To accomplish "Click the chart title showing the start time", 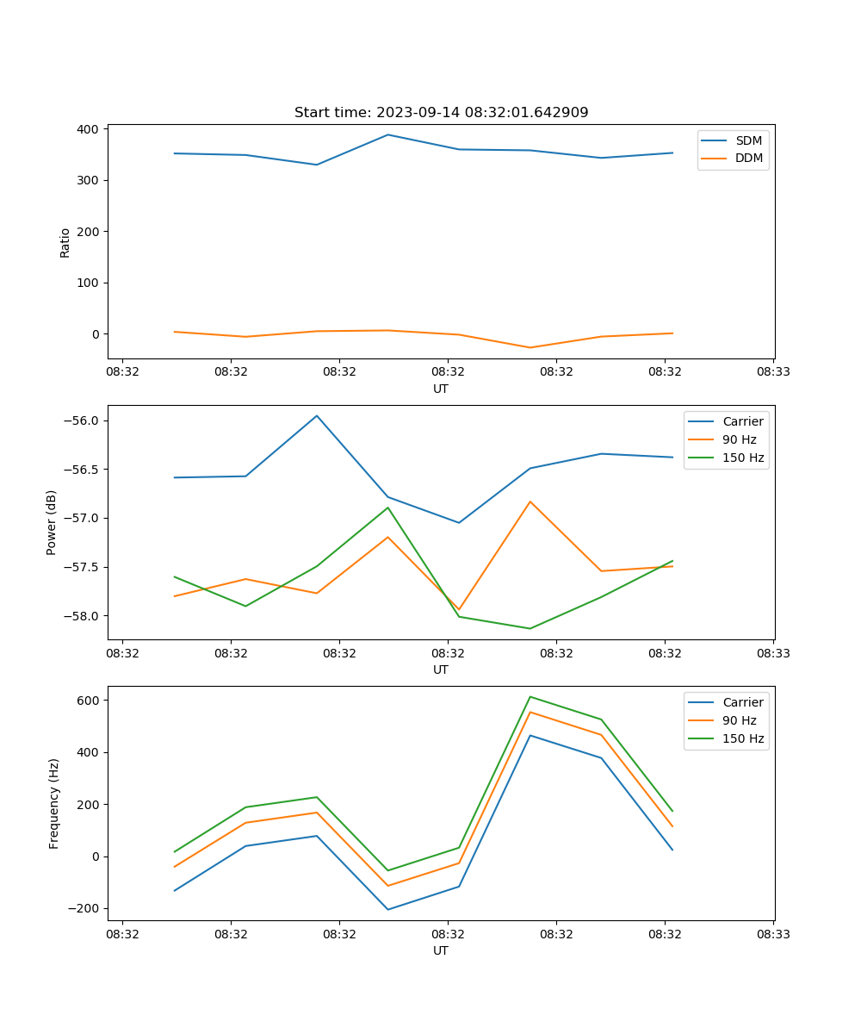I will coord(441,113).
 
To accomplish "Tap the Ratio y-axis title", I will coord(65,243).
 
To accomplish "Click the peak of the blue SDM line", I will coord(387,134).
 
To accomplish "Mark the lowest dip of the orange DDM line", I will coord(530,348).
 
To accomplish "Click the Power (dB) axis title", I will coord(52,522).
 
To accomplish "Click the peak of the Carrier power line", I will coord(317,415).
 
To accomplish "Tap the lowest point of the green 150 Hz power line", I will coord(530,628).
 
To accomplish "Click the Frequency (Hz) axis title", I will coord(54,803).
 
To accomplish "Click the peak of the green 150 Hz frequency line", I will coord(530,696).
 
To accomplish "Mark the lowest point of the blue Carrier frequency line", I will coord(387,910).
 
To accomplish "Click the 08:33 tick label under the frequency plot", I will coord(773,933).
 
